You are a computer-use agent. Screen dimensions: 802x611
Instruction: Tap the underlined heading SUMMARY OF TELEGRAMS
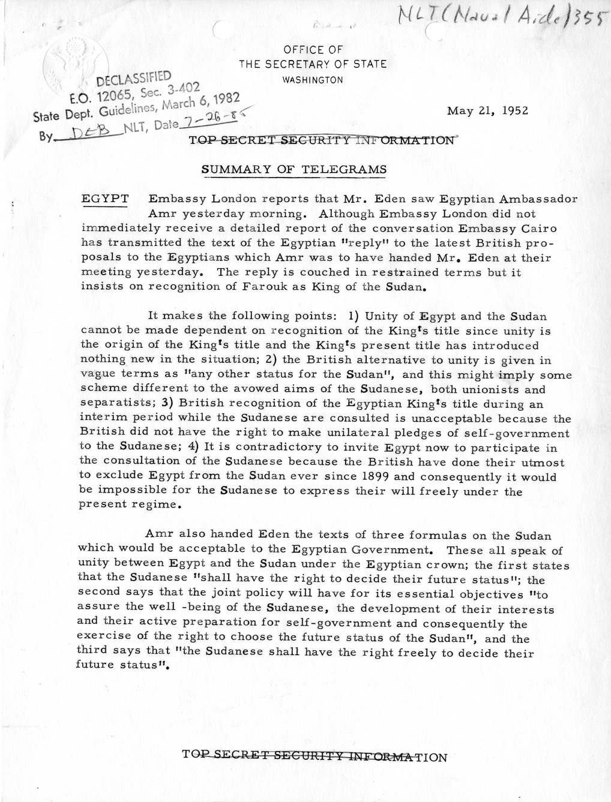click(x=294, y=170)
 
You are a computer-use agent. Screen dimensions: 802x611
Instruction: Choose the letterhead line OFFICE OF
click(x=313, y=50)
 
